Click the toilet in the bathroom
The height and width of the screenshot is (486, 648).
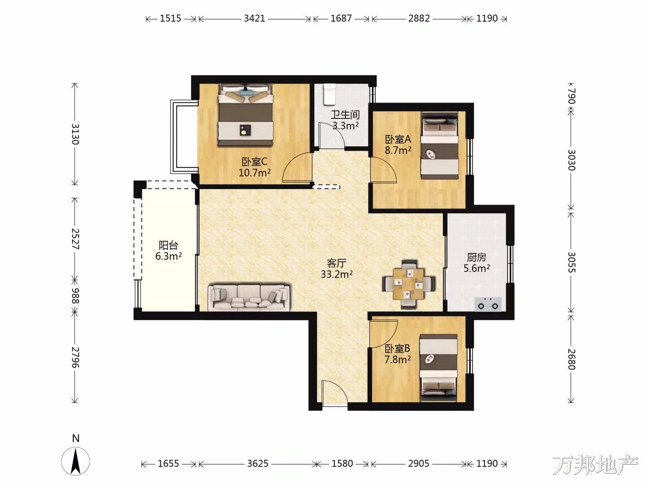click(x=329, y=94)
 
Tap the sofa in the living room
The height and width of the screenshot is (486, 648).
click(x=248, y=297)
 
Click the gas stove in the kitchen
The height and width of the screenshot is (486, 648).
click(x=488, y=304)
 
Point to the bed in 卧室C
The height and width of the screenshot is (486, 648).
click(x=245, y=115)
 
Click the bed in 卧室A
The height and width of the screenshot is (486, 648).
click(x=440, y=145)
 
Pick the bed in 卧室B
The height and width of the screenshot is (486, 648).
click(x=439, y=368)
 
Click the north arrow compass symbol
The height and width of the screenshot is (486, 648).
click(x=76, y=461)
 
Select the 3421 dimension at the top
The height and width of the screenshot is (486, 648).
click(x=254, y=18)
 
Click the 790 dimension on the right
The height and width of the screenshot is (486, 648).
click(x=571, y=96)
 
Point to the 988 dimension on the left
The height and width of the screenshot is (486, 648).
click(x=75, y=296)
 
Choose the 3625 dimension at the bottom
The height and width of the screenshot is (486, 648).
click(x=257, y=463)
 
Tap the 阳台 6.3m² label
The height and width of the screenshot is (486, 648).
click(x=168, y=251)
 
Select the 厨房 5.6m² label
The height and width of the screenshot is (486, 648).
click(x=477, y=263)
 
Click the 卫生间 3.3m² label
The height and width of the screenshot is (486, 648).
click(x=345, y=120)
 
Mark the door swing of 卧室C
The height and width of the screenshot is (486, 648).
click(x=297, y=167)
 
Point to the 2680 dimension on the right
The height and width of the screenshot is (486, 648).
click(x=571, y=359)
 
